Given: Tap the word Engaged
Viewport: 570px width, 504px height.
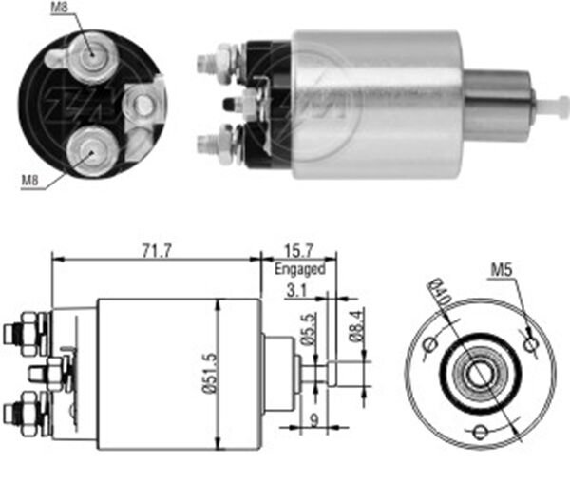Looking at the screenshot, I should pyautogui.click(x=300, y=269).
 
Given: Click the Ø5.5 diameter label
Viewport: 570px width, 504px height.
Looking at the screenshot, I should pyautogui.click(x=305, y=329).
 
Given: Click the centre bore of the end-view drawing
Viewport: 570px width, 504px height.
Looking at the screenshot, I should pyautogui.click(x=480, y=374).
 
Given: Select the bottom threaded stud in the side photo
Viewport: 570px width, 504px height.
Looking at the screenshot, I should pyautogui.click(x=206, y=145).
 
